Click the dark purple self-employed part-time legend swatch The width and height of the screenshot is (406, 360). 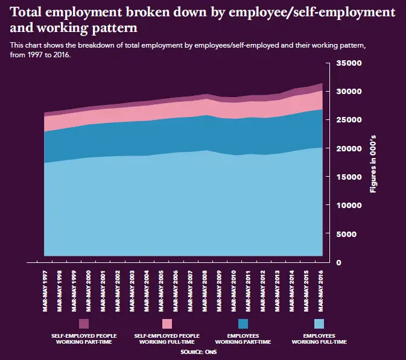[84, 324]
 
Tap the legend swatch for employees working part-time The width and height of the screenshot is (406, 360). [243, 324]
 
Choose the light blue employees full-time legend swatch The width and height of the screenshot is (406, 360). [319, 324]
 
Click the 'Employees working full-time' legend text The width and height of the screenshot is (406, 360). [319, 338]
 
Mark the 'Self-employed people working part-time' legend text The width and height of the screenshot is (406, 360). [84, 338]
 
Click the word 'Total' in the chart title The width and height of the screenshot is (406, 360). [30, 12]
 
